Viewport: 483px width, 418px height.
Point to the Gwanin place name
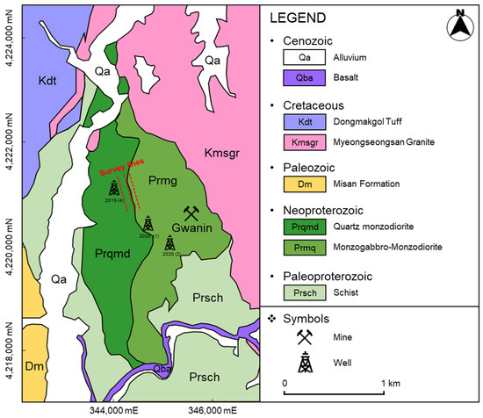tap(192, 230)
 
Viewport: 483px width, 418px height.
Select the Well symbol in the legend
tap(310, 359)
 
